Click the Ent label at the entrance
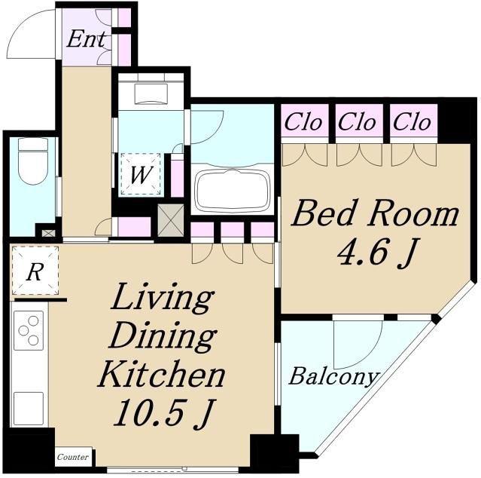(87, 39)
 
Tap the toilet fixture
(33, 161)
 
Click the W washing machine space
(141, 174)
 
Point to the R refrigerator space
(35, 271)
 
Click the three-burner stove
(28, 330)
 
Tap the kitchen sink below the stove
(28, 409)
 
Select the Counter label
(73, 457)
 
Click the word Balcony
(333, 377)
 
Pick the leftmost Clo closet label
(303, 122)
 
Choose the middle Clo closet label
(358, 122)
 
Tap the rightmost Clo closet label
(412, 122)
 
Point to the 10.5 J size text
(163, 413)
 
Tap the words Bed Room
(376, 213)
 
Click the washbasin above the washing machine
(151, 93)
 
